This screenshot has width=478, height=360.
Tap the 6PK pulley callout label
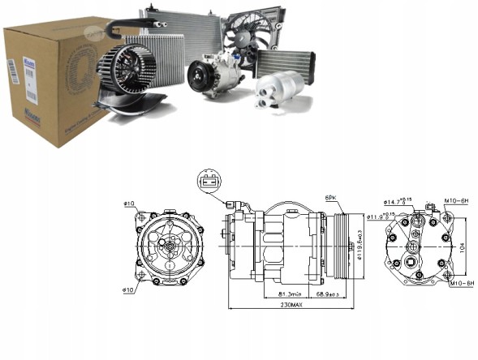[x=331, y=197]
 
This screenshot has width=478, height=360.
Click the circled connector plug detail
[x=210, y=182]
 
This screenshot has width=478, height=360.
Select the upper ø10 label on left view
[x=130, y=204]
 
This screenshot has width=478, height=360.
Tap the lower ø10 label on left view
[x=130, y=288]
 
